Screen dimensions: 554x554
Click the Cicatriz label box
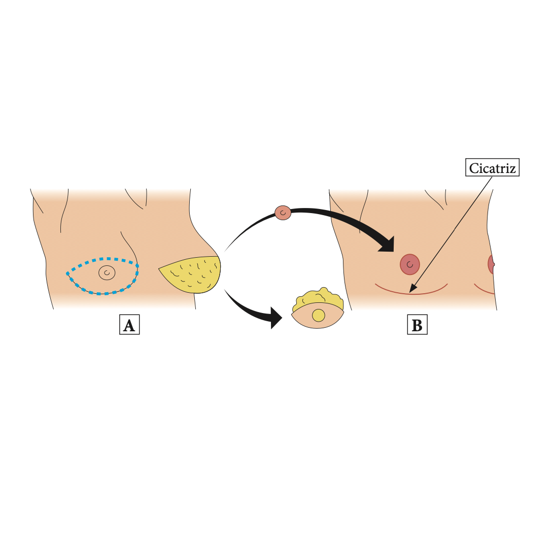click(492, 168)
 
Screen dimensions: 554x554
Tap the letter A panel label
click(129, 325)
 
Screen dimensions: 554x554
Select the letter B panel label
click(417, 325)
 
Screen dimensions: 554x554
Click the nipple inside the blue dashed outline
click(107, 273)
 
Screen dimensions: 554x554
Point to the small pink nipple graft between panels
click(283, 213)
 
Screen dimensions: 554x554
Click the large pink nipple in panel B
click(410, 264)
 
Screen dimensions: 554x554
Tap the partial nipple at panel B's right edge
click(491, 264)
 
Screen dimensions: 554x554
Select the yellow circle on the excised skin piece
click(318, 315)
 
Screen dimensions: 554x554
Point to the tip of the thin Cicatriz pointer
click(411, 292)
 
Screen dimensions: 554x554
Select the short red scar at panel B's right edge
click(484, 291)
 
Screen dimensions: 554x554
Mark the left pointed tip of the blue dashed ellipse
click(67, 273)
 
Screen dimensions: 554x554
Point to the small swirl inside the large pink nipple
click(409, 264)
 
